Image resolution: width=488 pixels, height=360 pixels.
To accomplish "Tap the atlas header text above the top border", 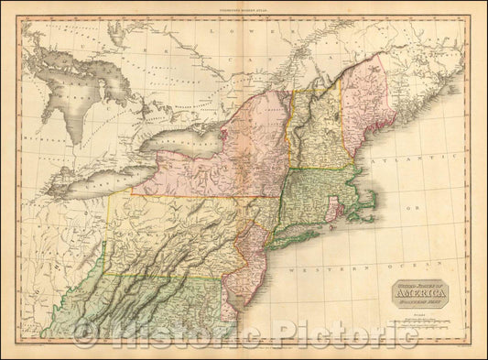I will [243, 6].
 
